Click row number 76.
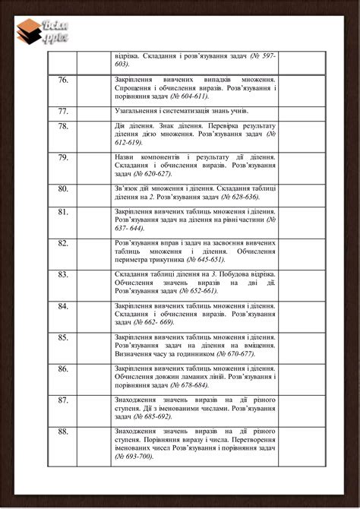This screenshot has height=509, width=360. (63, 80)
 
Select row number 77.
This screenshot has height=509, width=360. (63, 111)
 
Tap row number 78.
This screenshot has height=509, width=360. (63, 126)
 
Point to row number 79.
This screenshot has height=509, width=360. (63, 157)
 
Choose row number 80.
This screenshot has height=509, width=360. (63, 188)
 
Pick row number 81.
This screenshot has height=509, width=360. (63, 212)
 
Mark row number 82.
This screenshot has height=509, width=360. (63, 243)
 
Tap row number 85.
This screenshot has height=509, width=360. (63, 337)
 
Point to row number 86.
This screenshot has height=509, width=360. (63, 368)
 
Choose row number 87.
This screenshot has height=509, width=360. (63, 400)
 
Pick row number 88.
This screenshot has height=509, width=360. (63, 432)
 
